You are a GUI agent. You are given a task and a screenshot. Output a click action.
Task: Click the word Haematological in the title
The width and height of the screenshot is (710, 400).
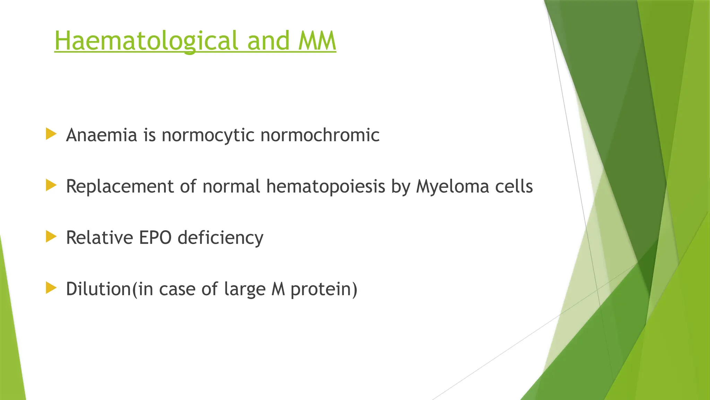pyautogui.click(x=146, y=41)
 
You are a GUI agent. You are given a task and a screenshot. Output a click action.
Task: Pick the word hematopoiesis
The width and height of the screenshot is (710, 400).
pyautogui.click(x=326, y=186)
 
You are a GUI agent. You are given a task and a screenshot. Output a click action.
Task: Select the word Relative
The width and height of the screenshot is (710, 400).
pyautogui.click(x=99, y=237)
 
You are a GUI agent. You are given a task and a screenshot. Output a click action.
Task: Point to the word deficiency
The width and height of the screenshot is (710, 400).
pyautogui.click(x=220, y=238)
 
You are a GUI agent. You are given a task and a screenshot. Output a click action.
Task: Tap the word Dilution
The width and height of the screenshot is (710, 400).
pyautogui.click(x=98, y=289)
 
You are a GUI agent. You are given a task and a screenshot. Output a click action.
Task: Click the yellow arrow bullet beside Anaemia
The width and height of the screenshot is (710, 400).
pyautogui.click(x=51, y=134)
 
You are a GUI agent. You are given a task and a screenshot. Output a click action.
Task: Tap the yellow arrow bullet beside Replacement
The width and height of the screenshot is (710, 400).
pyautogui.click(x=51, y=185)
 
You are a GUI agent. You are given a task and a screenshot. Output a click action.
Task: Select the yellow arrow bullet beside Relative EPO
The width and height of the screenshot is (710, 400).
pyautogui.click(x=51, y=237)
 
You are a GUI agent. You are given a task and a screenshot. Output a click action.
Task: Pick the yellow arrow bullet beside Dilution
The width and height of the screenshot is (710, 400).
pyautogui.click(x=51, y=288)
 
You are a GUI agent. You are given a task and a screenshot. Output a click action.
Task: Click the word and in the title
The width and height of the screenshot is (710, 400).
pyautogui.click(x=268, y=41)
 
